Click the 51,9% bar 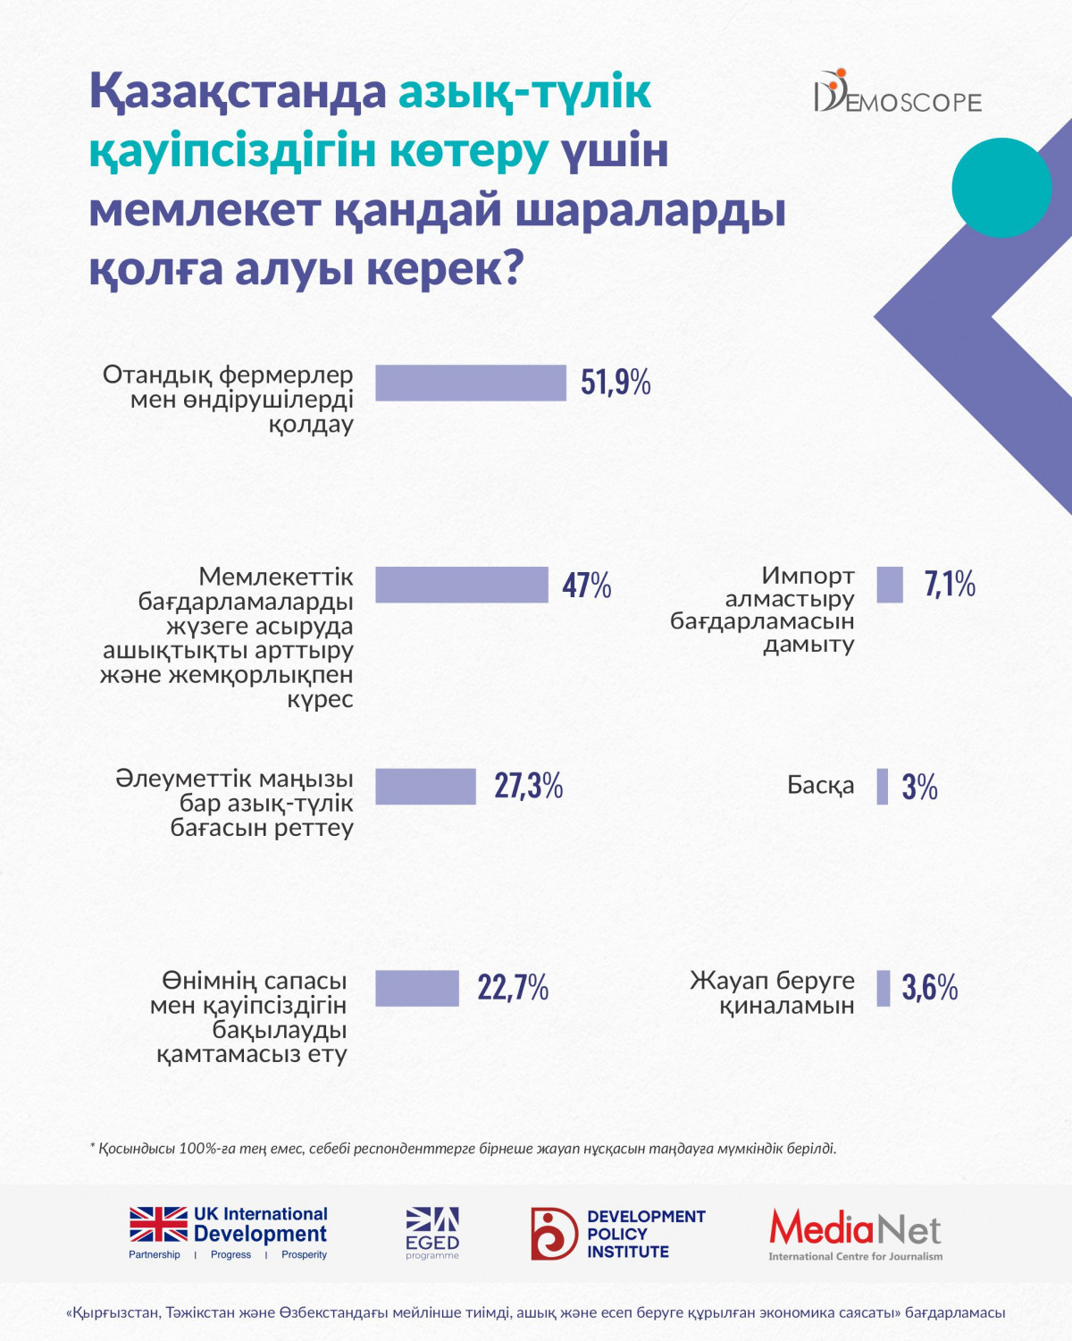[471, 383]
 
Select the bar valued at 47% [462, 585]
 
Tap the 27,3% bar [425, 787]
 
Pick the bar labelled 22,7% [417, 989]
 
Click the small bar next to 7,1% [890, 585]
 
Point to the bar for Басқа [883, 787]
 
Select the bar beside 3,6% [884, 989]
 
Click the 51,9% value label [616, 383]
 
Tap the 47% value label [587, 586]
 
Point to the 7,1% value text [950, 585]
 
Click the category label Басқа [820, 786]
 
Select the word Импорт [808, 576]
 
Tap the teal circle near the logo [1001, 188]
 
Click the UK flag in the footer [158, 1224]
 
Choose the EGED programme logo [432, 1233]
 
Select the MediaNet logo [855, 1234]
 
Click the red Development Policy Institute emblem [554, 1234]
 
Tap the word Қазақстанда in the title [238, 92]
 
